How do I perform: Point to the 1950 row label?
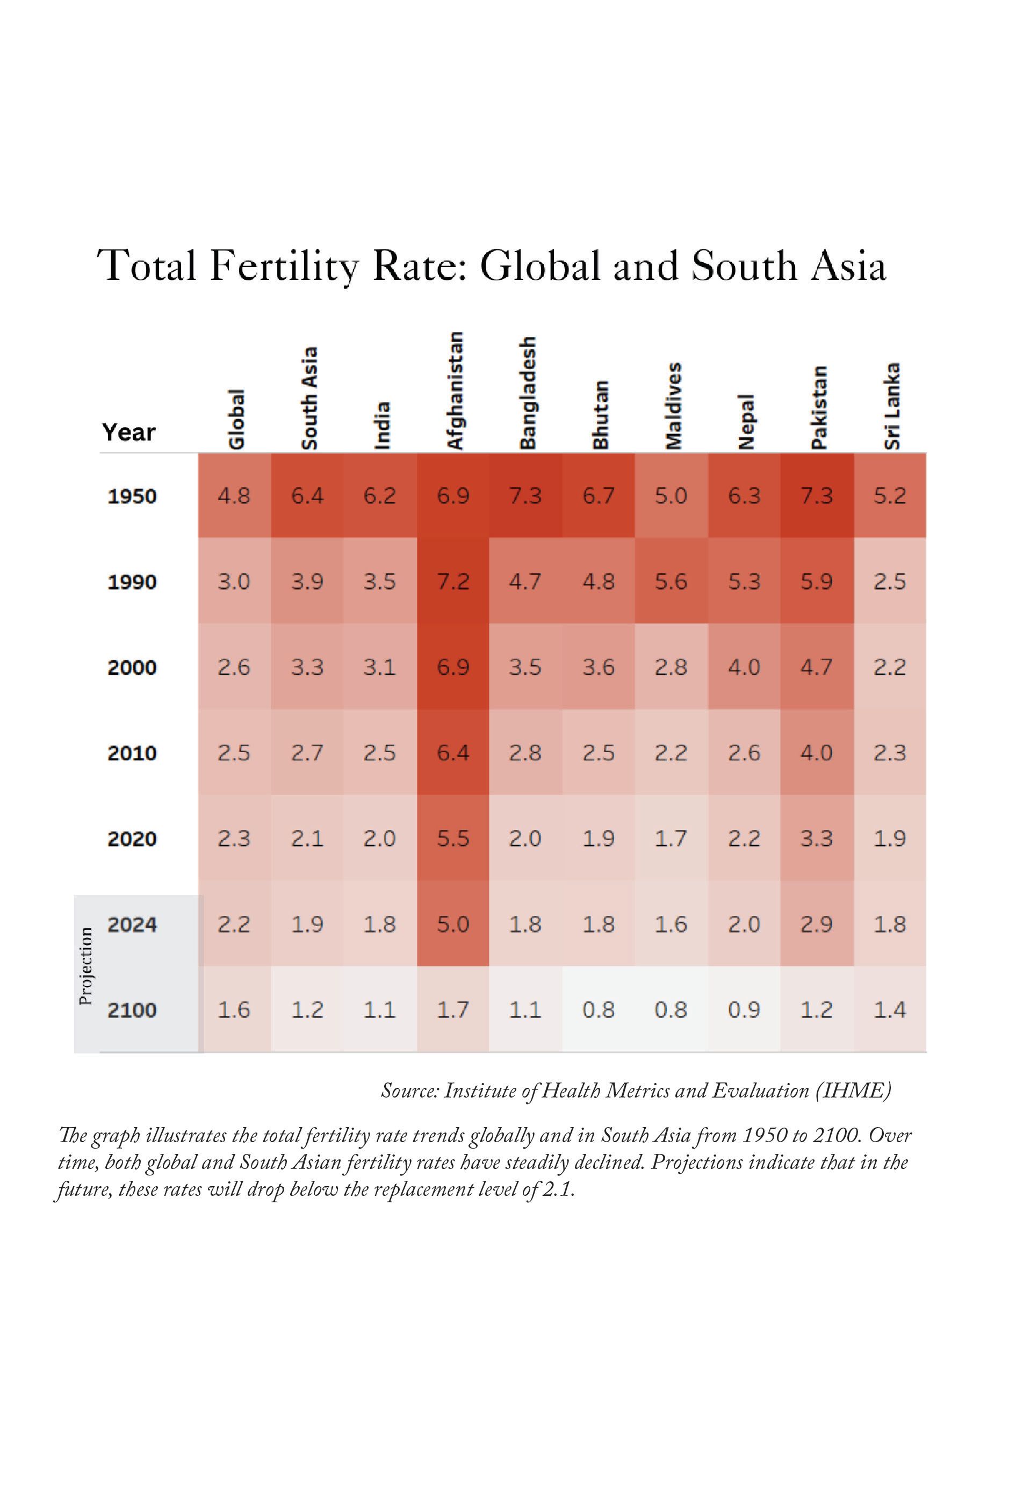132,496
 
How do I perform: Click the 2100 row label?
132,1010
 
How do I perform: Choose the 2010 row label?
132,753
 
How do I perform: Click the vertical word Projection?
85,966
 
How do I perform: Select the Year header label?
128,432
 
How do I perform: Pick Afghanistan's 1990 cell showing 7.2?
453,582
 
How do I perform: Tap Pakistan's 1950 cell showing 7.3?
817,496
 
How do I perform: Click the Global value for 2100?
233,1010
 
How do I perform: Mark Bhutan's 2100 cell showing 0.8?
598,1010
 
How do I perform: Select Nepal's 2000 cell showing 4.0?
744,667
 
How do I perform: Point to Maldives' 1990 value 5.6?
671,582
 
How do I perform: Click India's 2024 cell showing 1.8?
379,924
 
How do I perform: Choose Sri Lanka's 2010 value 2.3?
889,753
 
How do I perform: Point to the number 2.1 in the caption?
558,1189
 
